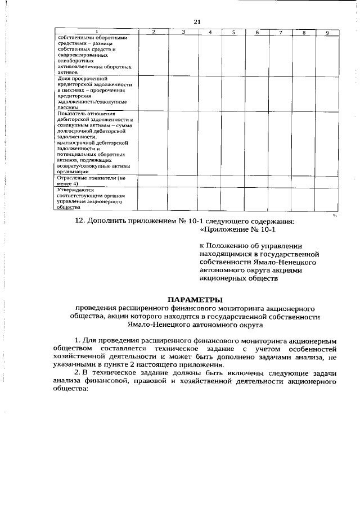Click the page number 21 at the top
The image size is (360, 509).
(x=197, y=21)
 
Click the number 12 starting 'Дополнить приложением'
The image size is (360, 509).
(x=79, y=220)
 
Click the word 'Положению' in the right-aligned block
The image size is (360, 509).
(x=232, y=246)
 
